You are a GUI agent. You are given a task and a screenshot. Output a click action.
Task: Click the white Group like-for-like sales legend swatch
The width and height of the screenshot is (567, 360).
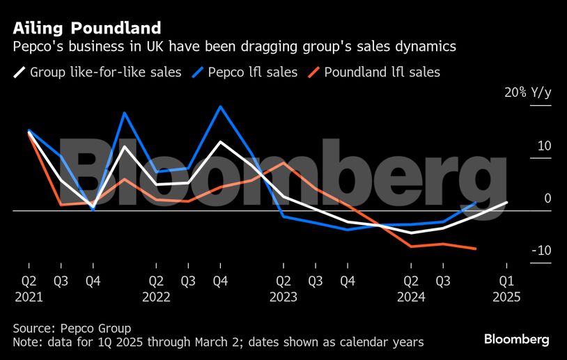(x=20, y=72)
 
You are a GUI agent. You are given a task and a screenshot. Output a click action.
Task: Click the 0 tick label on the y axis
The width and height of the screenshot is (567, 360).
(x=547, y=198)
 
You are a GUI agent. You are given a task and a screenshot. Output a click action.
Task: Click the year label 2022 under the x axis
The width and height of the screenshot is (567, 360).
(x=157, y=296)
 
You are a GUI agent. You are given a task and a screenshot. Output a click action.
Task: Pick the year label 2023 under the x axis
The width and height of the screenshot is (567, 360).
(x=283, y=296)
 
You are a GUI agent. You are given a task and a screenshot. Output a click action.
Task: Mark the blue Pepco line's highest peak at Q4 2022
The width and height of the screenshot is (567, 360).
(x=221, y=107)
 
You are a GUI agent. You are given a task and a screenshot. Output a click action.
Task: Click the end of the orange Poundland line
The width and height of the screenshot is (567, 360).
(x=475, y=249)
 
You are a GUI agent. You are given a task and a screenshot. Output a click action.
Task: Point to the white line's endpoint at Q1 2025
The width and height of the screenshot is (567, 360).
(x=506, y=202)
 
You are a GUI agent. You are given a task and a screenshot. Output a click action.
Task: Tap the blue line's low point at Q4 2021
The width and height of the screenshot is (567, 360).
(x=93, y=210)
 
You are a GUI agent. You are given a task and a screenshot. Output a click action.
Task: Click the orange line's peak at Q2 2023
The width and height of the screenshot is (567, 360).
(x=283, y=162)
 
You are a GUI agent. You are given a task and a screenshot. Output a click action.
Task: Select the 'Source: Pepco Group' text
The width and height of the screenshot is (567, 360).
(x=72, y=328)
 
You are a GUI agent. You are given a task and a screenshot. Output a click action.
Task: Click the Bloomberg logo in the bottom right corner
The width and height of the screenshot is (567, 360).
(x=517, y=339)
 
